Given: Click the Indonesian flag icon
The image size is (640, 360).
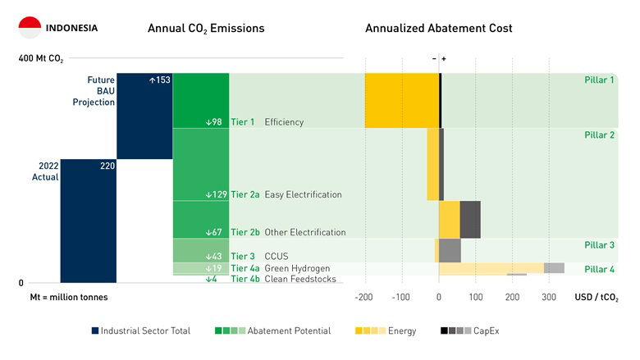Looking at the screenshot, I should click(30, 28).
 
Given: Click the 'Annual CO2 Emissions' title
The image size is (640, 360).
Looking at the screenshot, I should click(206, 29).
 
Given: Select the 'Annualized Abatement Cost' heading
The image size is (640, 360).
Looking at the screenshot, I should click(438, 29).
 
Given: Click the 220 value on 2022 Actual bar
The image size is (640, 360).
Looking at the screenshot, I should click(107, 166).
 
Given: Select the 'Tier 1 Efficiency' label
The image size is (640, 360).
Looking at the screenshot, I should click(267, 122).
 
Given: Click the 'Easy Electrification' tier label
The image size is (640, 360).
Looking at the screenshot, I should click(286, 195).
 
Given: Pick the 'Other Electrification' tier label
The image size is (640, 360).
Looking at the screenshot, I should click(288, 233).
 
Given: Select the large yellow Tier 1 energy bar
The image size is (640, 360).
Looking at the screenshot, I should click(401, 100).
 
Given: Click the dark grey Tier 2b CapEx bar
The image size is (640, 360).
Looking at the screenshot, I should click(470, 219).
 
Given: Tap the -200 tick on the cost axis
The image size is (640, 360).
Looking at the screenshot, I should click(365, 297).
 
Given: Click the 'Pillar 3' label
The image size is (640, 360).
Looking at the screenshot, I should click(600, 245).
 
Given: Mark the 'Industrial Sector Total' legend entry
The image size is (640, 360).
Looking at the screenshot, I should click(141, 330).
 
